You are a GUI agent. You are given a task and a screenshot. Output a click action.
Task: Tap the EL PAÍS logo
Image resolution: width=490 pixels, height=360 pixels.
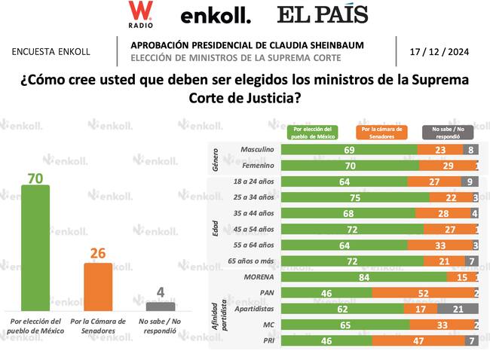(x=321, y=14)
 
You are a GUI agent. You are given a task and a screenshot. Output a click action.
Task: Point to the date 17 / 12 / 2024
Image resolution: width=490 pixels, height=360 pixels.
(x=439, y=52)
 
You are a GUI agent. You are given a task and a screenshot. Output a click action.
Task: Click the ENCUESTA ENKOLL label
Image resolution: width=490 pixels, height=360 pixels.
(x=51, y=52)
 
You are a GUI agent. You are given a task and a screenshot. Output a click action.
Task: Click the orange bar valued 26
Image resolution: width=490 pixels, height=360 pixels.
(x=97, y=286)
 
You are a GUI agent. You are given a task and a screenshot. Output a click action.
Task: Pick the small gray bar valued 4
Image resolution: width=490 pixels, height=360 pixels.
(x=160, y=306)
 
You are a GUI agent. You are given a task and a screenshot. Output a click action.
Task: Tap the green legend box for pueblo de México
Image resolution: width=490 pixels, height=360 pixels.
(x=315, y=133)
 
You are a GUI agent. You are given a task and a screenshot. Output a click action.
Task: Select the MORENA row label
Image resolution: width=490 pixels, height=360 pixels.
(x=259, y=277)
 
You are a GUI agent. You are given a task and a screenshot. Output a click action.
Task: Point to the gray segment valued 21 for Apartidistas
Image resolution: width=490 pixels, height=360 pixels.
(x=457, y=309)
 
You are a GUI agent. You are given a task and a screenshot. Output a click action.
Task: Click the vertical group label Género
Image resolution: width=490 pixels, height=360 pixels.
(x=217, y=157)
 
